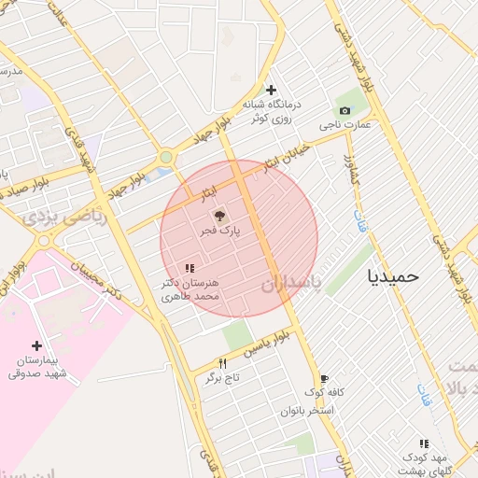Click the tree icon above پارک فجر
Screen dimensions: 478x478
coord(220,215)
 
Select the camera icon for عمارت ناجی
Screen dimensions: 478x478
coord(344,111)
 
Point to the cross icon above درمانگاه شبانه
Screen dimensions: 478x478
coord(271,91)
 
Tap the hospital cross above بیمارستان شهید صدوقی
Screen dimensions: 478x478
coord(36,345)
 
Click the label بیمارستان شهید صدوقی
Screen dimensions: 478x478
coord(37,366)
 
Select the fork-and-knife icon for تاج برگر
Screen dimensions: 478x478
coord(222,363)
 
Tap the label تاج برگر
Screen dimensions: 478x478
coord(224,377)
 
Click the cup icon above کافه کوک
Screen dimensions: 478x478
coord(324,379)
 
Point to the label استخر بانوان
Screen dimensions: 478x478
coord(306,410)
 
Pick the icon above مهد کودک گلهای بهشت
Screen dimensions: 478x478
coord(424,444)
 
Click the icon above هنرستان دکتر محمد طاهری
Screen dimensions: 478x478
coord(190,269)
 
